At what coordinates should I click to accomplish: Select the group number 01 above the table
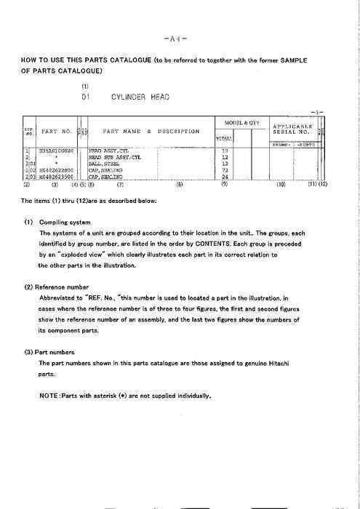(x=86, y=96)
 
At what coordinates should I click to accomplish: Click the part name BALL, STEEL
(x=105, y=163)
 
